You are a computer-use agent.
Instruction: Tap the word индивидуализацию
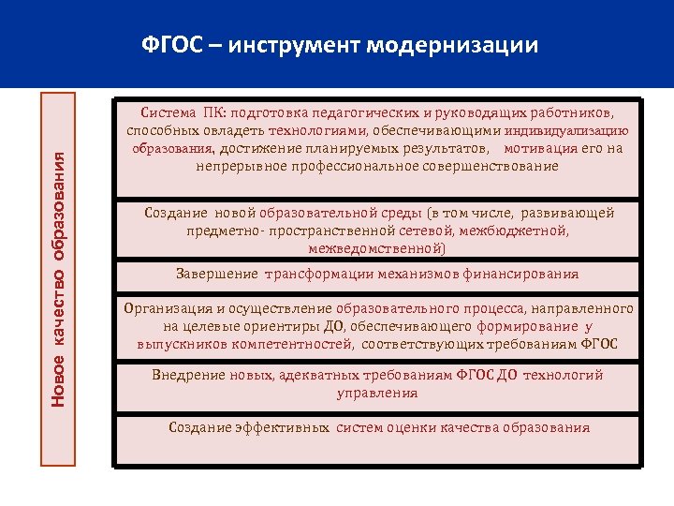pyautogui.click(x=568, y=131)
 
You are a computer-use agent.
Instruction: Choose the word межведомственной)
pyautogui.click(x=377, y=248)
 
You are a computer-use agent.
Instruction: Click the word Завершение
pyautogui.click(x=217, y=275)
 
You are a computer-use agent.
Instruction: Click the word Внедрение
pyautogui.click(x=187, y=375)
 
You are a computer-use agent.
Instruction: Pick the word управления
pyautogui.click(x=377, y=393)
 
